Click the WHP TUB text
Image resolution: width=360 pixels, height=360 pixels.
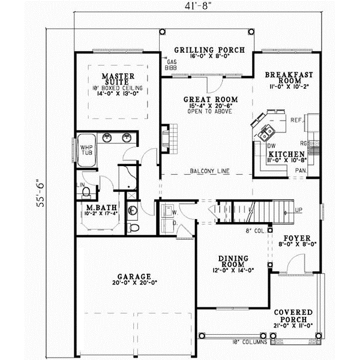(x=88, y=151)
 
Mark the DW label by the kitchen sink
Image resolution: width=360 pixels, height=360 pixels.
(x=271, y=146)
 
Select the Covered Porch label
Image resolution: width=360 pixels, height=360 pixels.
(x=294, y=317)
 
